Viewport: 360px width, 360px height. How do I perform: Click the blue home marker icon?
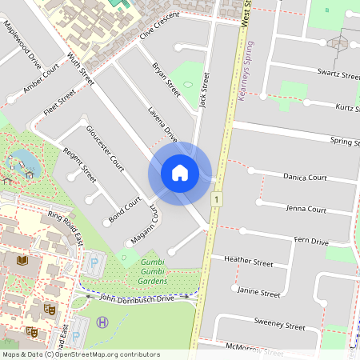(x=180, y=172)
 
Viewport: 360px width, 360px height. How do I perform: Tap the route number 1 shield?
(x=216, y=198)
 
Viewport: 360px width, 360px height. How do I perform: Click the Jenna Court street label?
(x=305, y=209)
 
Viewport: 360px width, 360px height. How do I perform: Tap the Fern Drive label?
(x=311, y=241)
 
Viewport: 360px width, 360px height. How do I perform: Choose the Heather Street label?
(x=249, y=261)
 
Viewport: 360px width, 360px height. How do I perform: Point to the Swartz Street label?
(x=338, y=74)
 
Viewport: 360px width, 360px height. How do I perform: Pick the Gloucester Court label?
(x=105, y=149)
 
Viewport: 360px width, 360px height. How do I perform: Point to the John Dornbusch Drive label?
(x=136, y=298)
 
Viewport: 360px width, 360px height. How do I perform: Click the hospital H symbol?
(x=102, y=322)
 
